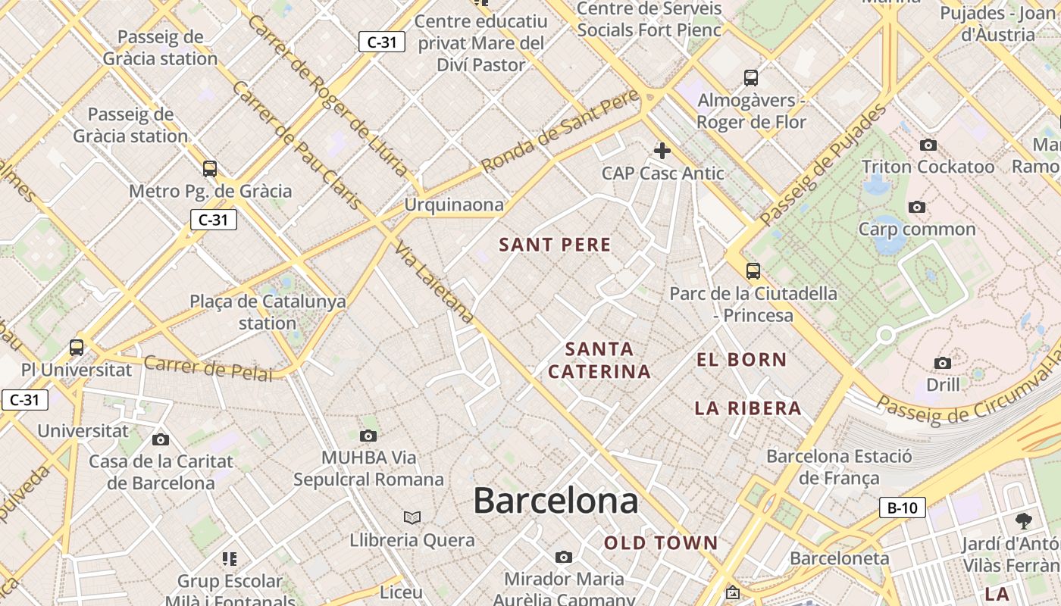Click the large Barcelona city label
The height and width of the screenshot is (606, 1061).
coord(556,501)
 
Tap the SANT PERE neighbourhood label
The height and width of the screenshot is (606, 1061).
coord(555,245)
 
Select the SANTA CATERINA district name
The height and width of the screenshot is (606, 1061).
coord(599,361)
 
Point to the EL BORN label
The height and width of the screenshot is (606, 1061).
coord(741,360)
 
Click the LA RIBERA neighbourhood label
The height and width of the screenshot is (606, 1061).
coord(748,408)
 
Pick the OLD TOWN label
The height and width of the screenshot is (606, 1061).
coord(661,542)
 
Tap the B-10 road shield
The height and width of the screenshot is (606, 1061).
coord(902,508)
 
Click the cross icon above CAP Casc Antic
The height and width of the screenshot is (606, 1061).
coord(662,150)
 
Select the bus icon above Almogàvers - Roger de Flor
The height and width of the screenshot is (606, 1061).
coord(751,77)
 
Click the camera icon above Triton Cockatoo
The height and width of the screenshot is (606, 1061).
coord(928,145)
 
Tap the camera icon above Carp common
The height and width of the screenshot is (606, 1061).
coord(916,207)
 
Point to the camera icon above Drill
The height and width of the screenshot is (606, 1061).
coord(942,363)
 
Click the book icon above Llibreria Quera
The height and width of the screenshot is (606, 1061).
coord(412,517)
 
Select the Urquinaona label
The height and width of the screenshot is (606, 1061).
coord(453,205)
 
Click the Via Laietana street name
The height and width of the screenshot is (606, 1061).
coord(434,284)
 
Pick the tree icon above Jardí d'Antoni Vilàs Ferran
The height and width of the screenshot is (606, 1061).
coord(1023,521)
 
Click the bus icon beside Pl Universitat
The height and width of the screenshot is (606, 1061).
coord(77,348)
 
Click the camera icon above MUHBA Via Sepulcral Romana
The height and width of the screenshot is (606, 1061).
coord(368,436)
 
